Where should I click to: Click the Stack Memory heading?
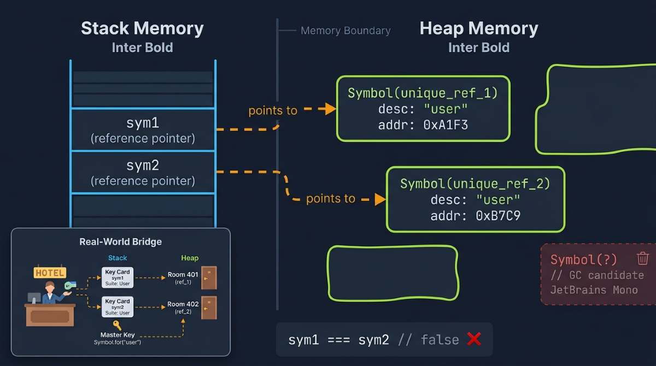(142, 28)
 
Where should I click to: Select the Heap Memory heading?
(479, 28)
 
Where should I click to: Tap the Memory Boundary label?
(345, 31)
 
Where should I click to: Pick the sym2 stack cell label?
(142, 165)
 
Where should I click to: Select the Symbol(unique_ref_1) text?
(423, 93)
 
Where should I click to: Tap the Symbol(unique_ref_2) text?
(475, 184)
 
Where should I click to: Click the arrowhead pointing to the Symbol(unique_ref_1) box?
(330, 109)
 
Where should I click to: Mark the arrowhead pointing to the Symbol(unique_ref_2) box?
(380, 199)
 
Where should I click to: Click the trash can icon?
(643, 258)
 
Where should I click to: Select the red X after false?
(473, 339)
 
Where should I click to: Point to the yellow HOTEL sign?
(50, 273)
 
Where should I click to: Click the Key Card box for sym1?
(118, 278)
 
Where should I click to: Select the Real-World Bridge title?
(120, 241)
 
